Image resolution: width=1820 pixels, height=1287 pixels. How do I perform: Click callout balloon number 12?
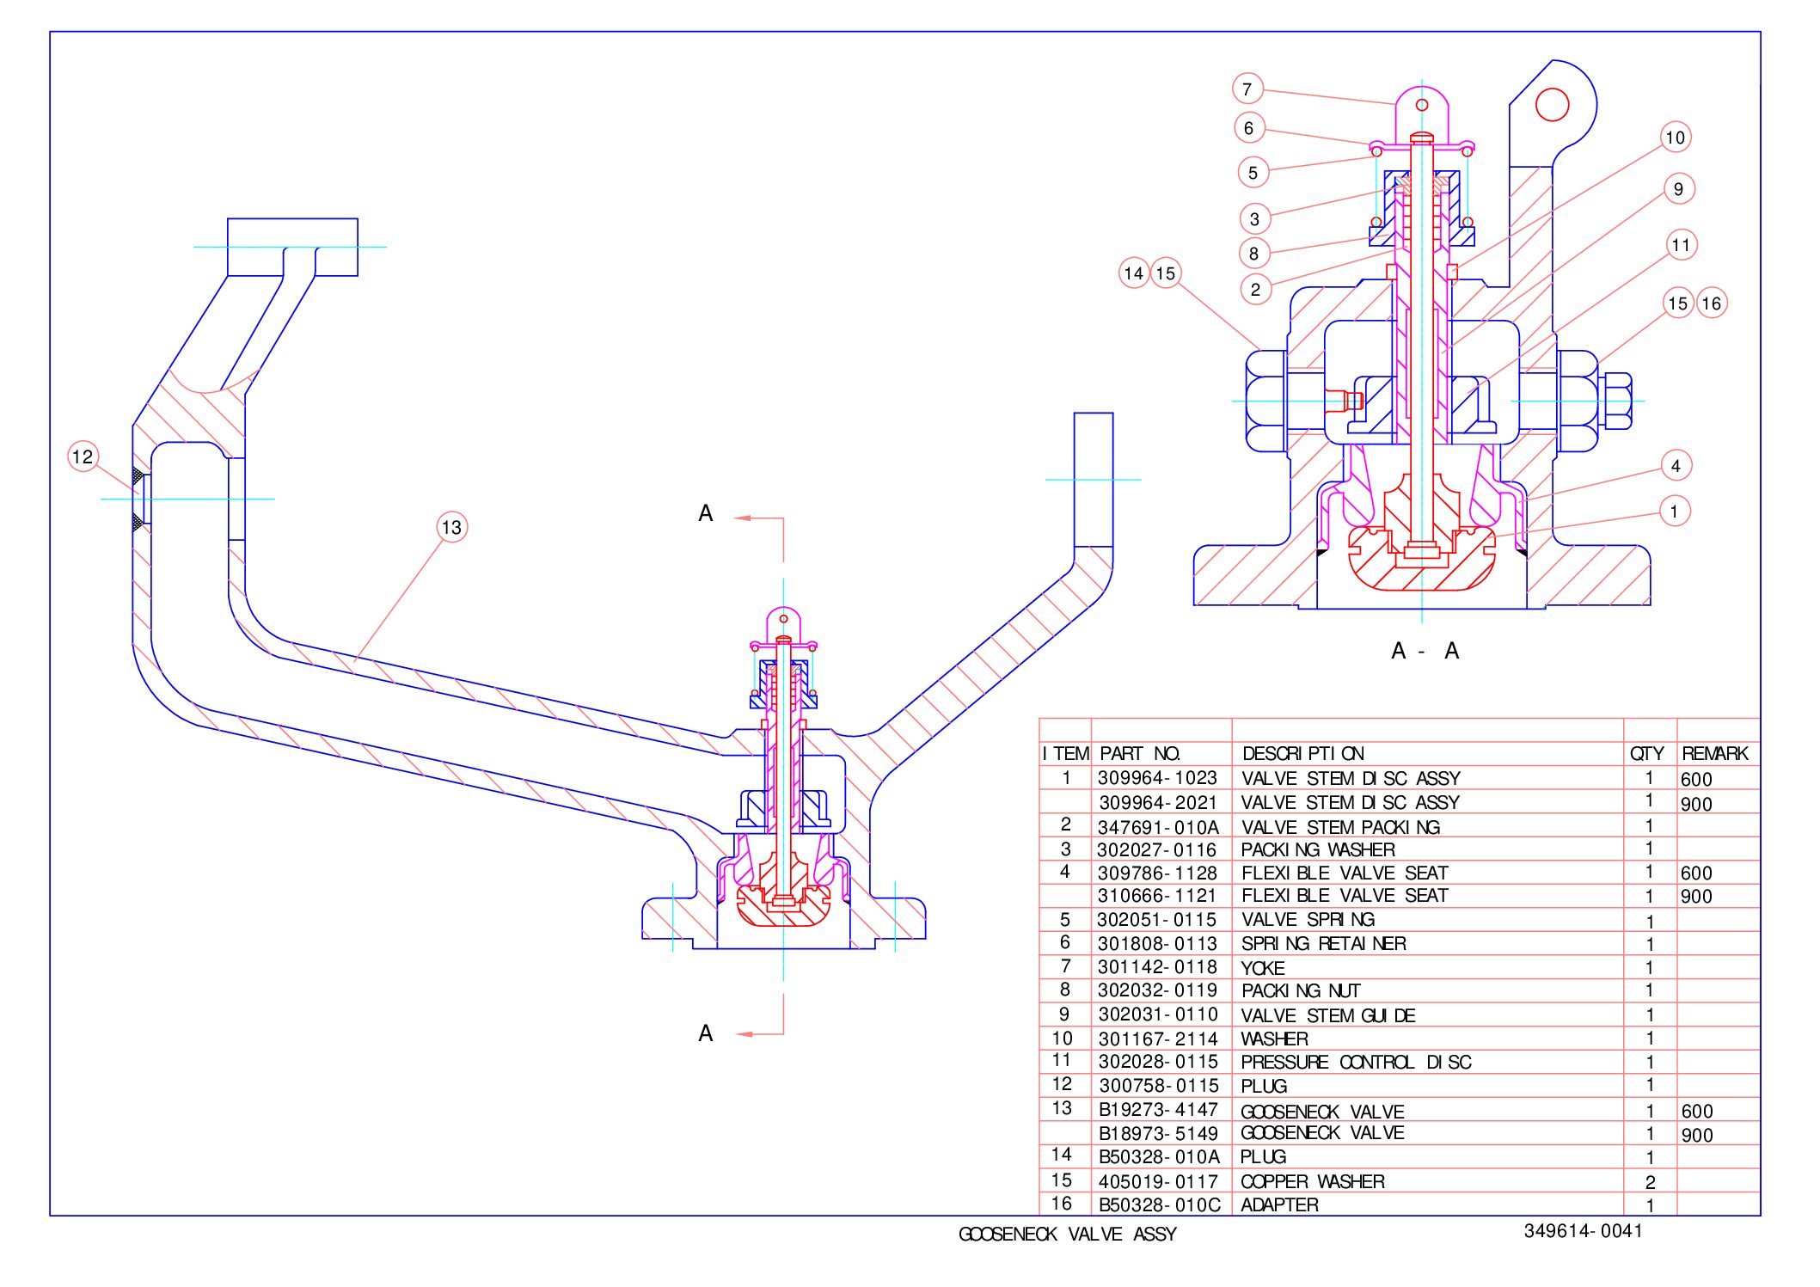[83, 457]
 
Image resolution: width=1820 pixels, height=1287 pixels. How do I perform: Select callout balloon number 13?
[451, 527]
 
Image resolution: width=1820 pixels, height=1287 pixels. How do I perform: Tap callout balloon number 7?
[1247, 89]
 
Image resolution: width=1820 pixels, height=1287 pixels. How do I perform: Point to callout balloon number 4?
[1676, 466]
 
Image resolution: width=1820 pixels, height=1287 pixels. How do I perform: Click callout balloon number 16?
[1712, 303]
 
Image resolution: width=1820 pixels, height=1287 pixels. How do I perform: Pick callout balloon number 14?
[1134, 273]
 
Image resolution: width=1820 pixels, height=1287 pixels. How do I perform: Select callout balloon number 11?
[1681, 245]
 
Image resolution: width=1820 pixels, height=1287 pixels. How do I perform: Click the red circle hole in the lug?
[1552, 105]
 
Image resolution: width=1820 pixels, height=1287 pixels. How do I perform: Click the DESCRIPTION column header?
[1303, 754]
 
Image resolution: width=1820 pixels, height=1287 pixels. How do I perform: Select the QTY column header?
[1647, 754]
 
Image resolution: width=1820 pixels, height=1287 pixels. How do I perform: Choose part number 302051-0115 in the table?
[1157, 920]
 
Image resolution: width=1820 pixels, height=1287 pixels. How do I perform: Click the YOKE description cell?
[1263, 968]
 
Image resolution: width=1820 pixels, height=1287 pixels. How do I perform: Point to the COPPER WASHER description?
[1313, 1181]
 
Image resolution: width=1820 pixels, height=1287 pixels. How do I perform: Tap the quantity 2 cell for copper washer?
[1650, 1182]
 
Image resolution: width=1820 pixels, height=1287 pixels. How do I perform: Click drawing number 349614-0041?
[1583, 1231]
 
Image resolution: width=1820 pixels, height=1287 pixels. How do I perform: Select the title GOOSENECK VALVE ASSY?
[1067, 1235]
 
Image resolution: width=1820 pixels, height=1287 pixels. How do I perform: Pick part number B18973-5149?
[1158, 1134]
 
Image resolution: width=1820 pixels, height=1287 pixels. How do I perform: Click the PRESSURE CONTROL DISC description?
[1356, 1063]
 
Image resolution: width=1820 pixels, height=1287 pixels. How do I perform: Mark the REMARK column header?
[1715, 754]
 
